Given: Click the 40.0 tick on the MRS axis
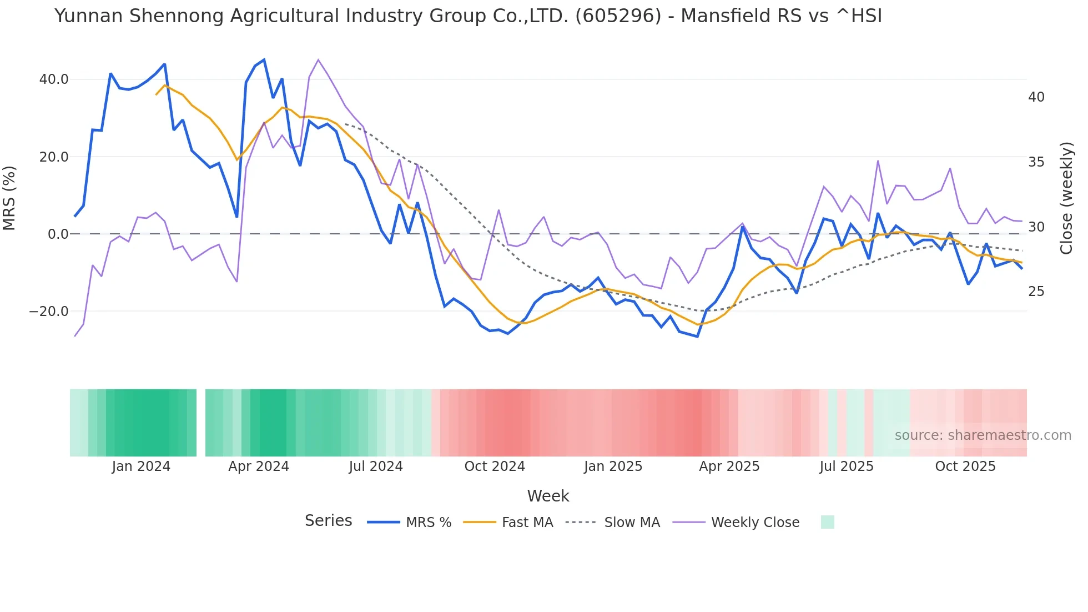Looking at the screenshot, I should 54,79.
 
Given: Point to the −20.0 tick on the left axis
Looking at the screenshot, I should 49,312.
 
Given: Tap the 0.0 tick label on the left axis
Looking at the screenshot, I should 58,234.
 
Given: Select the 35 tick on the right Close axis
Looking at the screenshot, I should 1036,162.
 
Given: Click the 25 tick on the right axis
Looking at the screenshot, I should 1036,292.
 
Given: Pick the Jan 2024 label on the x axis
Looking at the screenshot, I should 141,466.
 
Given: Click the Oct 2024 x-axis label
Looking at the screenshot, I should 495,466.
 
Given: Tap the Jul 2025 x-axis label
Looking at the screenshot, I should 847,466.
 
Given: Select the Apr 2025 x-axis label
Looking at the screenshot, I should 729,466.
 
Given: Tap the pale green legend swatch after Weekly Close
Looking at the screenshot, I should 827,522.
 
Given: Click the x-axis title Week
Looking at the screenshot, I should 548,496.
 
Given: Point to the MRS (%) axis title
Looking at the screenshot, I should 9,198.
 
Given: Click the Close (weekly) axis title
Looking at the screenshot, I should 1066,198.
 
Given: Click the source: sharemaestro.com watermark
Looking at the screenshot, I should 983,435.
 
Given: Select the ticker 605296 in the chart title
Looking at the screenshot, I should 618,16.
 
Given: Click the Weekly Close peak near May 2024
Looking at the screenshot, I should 318,59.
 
